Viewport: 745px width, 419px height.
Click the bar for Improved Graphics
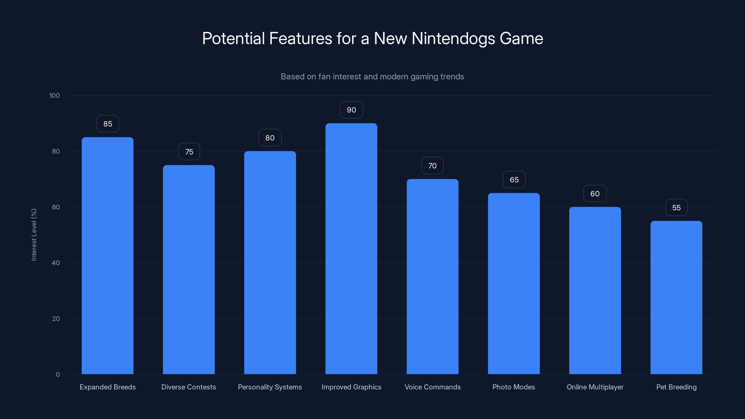click(x=351, y=249)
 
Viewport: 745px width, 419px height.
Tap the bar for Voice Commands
click(x=432, y=277)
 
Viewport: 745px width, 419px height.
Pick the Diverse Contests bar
click(x=189, y=270)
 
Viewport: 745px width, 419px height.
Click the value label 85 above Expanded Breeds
click(x=108, y=124)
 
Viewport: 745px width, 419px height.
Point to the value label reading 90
click(x=351, y=110)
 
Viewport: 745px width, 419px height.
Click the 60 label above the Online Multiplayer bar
click(x=595, y=193)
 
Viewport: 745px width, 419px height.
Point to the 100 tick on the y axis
click(x=54, y=95)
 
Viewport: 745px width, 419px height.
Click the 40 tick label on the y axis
click(x=56, y=263)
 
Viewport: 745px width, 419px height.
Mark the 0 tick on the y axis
click(x=58, y=375)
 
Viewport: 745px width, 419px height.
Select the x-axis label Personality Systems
click(x=270, y=387)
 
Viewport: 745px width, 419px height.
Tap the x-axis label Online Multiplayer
click(x=595, y=387)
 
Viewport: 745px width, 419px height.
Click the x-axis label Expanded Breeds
click(x=108, y=387)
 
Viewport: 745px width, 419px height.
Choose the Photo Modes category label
click(x=514, y=387)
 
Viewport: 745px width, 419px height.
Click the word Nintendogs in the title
click(x=453, y=38)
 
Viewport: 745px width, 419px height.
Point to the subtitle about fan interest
click(x=372, y=77)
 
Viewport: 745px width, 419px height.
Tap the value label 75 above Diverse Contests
click(x=189, y=152)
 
